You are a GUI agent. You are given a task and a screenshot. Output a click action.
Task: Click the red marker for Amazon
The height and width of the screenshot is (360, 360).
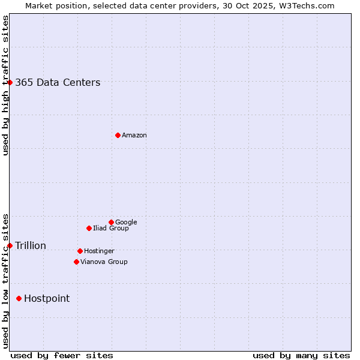pos(118,135)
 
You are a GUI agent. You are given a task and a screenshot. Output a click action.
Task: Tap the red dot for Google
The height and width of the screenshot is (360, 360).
pos(111,222)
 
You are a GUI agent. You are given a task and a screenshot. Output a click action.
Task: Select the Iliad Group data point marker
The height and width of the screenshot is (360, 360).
pos(89,228)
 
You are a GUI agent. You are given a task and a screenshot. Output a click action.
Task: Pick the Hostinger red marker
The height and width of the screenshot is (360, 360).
pos(80,251)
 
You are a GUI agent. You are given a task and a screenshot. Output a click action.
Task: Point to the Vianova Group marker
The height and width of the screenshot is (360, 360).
pos(76,262)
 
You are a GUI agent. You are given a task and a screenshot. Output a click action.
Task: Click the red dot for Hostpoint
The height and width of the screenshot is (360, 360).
pos(19,298)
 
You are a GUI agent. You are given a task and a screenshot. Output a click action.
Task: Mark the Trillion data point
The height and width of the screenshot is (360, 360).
pos(10,245)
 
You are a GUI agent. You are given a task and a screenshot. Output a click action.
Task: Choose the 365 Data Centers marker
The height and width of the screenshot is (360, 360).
pos(10,82)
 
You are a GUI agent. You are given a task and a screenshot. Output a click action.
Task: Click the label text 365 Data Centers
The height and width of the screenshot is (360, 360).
pos(58,83)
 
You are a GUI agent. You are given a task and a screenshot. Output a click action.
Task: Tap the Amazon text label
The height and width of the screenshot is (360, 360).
pos(134,136)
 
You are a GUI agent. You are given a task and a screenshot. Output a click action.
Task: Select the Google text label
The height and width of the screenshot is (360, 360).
pos(126,223)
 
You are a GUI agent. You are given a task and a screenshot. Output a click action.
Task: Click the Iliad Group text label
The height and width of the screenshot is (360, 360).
pos(111,229)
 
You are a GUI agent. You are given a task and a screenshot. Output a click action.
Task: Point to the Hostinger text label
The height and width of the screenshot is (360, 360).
pos(99,251)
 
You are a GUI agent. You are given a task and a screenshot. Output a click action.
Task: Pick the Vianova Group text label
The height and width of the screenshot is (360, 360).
pos(104,262)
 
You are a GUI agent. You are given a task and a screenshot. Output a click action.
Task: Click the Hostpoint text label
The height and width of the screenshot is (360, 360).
pos(47,299)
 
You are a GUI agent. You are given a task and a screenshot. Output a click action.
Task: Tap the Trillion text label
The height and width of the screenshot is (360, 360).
pos(31,246)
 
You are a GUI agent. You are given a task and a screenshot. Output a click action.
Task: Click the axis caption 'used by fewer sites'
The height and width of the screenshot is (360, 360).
pos(62,355)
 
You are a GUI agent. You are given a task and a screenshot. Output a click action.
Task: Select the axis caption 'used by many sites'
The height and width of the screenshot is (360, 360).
pos(301,355)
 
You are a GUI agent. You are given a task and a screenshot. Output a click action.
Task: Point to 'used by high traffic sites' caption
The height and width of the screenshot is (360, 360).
pos(5,85)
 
